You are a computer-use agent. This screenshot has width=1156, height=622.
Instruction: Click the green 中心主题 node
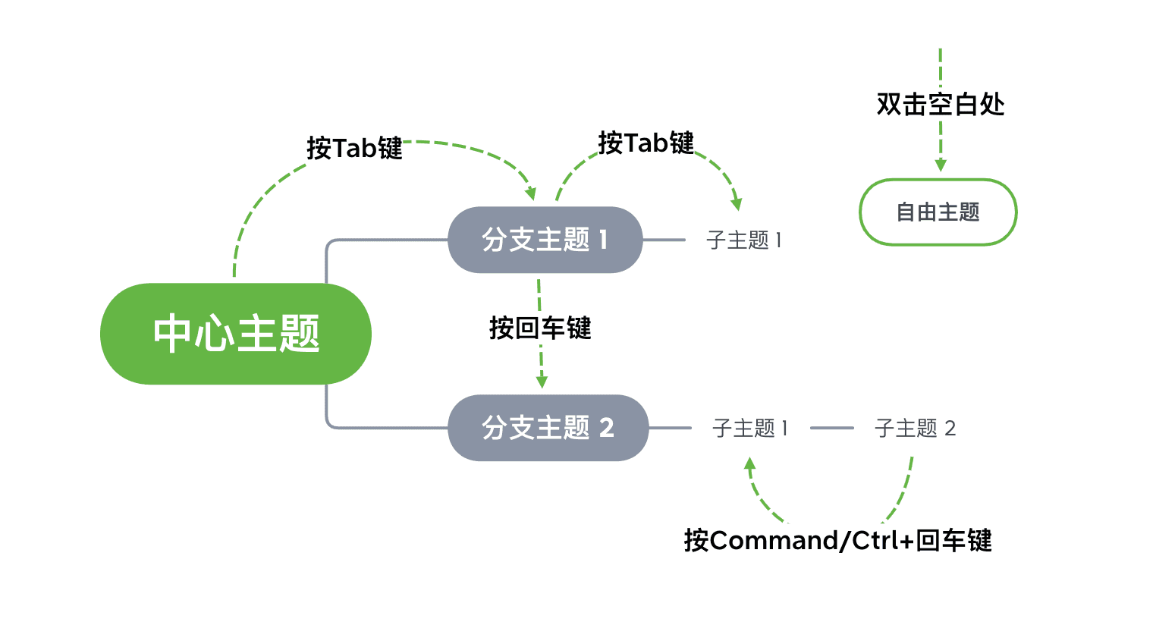[235, 334]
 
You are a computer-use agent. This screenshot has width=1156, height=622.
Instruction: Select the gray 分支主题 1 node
[545, 240]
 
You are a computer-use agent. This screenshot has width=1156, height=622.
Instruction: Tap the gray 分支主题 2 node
[548, 428]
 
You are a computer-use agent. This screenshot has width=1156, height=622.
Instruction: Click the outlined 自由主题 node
[938, 212]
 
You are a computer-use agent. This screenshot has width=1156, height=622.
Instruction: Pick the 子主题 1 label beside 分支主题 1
[743, 240]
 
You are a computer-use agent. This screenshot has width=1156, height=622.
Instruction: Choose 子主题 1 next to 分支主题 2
[749, 429]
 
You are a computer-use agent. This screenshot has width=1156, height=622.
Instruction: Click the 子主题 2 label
[915, 429]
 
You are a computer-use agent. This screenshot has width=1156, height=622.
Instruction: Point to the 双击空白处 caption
[941, 105]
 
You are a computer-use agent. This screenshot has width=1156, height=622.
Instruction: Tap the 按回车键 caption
[540, 328]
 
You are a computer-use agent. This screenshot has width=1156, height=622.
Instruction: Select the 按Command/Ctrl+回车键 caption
[837, 541]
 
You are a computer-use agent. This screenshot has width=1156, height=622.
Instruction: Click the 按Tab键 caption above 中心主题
[354, 148]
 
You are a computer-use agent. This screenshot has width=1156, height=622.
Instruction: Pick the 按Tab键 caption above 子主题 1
[646, 143]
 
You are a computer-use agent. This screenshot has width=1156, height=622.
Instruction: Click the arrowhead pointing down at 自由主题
[941, 165]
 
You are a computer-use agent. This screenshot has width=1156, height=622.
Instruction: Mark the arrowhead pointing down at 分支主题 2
[542, 382]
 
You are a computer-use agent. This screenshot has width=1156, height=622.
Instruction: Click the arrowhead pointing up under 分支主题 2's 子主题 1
[749, 463]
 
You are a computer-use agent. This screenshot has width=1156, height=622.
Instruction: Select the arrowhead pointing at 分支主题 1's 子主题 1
[736, 204]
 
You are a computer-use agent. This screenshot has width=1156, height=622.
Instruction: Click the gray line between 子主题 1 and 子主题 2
[831, 428]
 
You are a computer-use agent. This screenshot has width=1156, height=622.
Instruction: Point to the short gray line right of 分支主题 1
[664, 240]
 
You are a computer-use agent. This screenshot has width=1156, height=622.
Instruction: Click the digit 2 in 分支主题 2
[606, 428]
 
